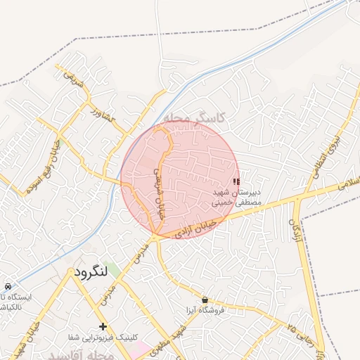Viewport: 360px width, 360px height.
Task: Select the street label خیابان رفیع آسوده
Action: pos(43,166)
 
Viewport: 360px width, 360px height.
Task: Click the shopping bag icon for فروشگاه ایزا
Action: pos(205,300)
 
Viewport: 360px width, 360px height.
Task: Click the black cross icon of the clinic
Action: pos(103,326)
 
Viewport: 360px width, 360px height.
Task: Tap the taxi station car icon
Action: pos(7,287)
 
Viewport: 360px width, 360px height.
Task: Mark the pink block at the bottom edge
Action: pos(139,348)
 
